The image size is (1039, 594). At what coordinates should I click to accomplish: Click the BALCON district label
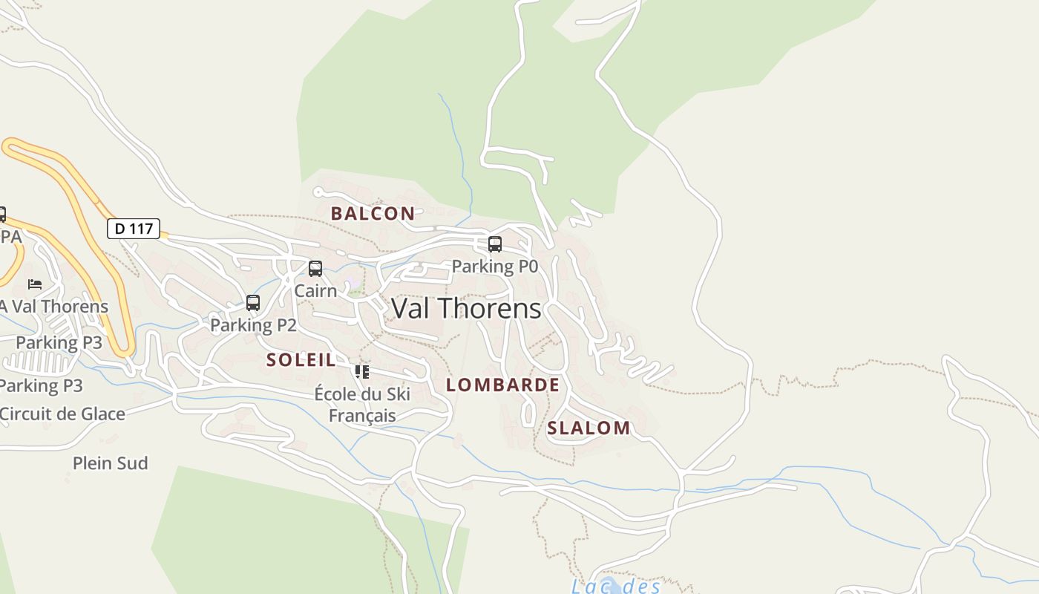coord(373,214)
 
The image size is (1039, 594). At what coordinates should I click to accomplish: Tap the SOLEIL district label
coord(301,360)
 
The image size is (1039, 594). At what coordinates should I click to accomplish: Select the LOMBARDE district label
coord(502,385)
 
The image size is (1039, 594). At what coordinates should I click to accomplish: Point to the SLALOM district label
coord(589,428)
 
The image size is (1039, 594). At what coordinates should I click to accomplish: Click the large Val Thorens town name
coord(466,308)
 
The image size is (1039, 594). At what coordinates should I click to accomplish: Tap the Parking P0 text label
coord(494,266)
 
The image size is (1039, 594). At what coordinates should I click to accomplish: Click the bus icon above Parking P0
coord(494,244)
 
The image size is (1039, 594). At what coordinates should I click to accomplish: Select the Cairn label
coord(315,290)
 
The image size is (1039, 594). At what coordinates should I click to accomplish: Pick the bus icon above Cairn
coord(315,268)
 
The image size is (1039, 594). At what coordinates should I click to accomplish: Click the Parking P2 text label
coord(253,324)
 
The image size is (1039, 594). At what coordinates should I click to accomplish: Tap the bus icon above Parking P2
coord(253,302)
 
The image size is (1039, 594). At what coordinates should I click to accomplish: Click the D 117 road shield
coord(134,229)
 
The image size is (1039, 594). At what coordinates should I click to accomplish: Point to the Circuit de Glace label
coord(62,414)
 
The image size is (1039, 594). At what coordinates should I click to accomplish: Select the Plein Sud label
coord(110,463)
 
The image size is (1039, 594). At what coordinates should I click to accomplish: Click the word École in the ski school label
coord(335,394)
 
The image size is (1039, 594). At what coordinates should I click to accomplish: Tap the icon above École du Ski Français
coord(361,371)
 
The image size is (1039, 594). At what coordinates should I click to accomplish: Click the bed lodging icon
coord(35,284)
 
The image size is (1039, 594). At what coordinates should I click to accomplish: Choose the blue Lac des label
coord(616,587)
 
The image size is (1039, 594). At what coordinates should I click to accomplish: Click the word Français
coord(362,415)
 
